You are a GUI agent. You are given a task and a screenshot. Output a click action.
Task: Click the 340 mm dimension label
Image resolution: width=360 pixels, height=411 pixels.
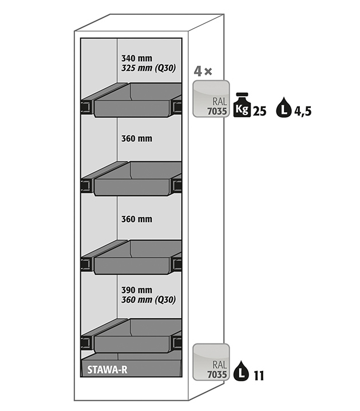137,58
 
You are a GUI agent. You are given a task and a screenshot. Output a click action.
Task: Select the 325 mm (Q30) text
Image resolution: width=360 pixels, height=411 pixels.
148,68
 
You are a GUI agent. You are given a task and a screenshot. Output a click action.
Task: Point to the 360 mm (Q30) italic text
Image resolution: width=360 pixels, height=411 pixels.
148,299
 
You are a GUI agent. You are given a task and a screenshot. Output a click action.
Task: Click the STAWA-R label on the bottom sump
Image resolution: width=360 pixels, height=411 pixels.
108,369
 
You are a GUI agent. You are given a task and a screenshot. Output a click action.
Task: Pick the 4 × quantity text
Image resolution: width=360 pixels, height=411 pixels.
203,72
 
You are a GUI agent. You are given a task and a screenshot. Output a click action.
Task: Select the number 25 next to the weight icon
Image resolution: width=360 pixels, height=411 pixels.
259,111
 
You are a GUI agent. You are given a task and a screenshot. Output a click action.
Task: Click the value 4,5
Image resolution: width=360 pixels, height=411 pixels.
303,111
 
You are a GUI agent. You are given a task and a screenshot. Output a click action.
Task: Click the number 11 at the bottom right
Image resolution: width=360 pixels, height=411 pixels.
258,376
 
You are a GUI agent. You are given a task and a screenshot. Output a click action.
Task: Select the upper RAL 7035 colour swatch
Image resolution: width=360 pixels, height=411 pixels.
211,98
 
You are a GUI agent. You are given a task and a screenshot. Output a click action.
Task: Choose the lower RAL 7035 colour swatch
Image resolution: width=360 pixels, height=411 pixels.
211,362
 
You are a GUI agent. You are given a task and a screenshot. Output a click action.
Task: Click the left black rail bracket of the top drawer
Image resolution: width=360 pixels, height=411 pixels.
86,106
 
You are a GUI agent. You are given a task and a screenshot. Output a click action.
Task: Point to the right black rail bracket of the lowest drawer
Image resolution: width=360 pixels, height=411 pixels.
177,342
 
